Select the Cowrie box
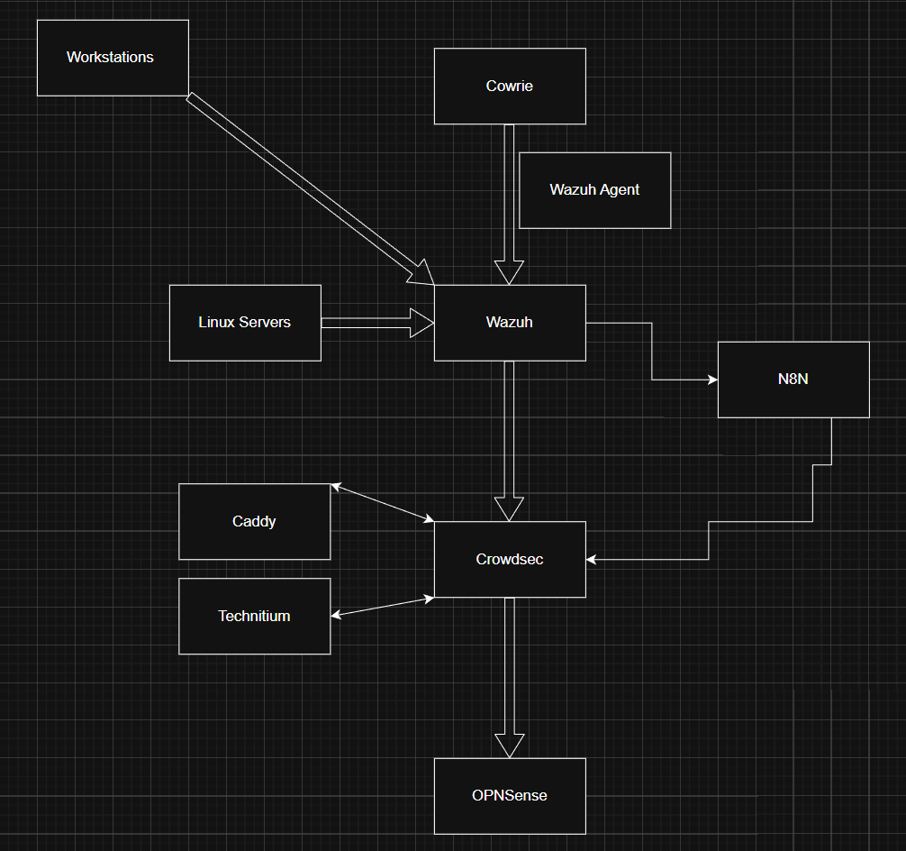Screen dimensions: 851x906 [510, 87]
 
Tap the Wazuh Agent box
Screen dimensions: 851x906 [594, 190]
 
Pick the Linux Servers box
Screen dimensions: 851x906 [245, 323]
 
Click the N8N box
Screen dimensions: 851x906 [793, 380]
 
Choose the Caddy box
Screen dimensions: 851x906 [254, 522]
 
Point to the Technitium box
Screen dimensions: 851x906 [254, 617]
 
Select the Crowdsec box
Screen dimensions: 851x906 [510, 560]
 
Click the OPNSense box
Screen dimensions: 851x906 [510, 796]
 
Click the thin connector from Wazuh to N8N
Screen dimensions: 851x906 [652, 352]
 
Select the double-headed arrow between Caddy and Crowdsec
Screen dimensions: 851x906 [383, 503]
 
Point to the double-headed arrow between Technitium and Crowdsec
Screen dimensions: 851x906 [383, 607]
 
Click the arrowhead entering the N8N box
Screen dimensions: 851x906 [712, 380]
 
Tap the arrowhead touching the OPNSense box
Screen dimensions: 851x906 [509, 746]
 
